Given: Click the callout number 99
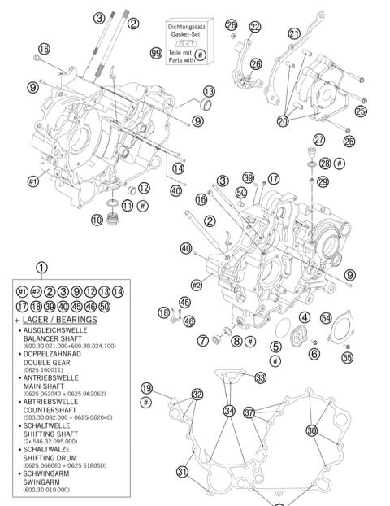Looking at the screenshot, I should tap(155, 52).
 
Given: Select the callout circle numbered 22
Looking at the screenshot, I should tap(255, 28).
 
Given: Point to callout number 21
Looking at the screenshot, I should tap(293, 33).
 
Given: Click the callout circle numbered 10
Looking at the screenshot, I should tap(97, 220).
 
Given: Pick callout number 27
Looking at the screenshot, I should tap(318, 140).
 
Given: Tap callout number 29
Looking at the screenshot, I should tap(323, 181).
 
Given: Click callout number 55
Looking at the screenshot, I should tap(347, 356).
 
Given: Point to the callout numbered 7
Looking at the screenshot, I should tap(201, 340).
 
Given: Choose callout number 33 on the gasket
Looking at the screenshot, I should tap(260, 377).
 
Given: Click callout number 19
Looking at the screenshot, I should tap(146, 388).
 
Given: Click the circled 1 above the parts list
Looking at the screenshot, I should tap(41, 267).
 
